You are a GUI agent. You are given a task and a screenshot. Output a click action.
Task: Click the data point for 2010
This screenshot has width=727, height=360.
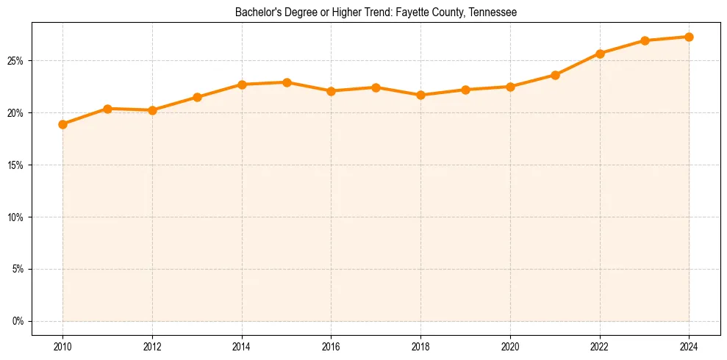pos(62,124)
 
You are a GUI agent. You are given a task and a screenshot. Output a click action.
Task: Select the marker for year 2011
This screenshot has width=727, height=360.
pos(107,109)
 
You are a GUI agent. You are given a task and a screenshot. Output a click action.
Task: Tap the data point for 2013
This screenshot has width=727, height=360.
pos(197,97)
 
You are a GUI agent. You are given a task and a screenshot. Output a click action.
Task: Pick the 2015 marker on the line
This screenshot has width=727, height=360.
pos(287,82)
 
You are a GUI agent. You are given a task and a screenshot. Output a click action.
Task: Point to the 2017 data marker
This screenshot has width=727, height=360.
pos(376,87)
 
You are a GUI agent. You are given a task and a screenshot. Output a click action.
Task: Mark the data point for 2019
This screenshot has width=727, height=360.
pos(465,90)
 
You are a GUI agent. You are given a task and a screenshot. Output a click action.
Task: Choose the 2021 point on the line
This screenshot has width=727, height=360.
pos(555,75)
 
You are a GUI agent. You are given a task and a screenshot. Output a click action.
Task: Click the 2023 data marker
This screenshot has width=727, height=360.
pos(645,40)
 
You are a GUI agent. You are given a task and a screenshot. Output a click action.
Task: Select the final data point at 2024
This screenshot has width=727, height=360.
pos(689,37)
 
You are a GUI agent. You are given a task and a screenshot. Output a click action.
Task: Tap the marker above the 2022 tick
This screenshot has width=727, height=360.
pos(600,54)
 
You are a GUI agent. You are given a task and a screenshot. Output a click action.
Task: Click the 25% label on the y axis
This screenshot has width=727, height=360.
pos(17,60)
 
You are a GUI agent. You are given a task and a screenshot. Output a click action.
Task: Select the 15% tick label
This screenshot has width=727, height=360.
pos(17,165)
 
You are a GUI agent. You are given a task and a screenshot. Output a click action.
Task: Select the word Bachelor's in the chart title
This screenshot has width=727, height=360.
pos(254,12)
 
